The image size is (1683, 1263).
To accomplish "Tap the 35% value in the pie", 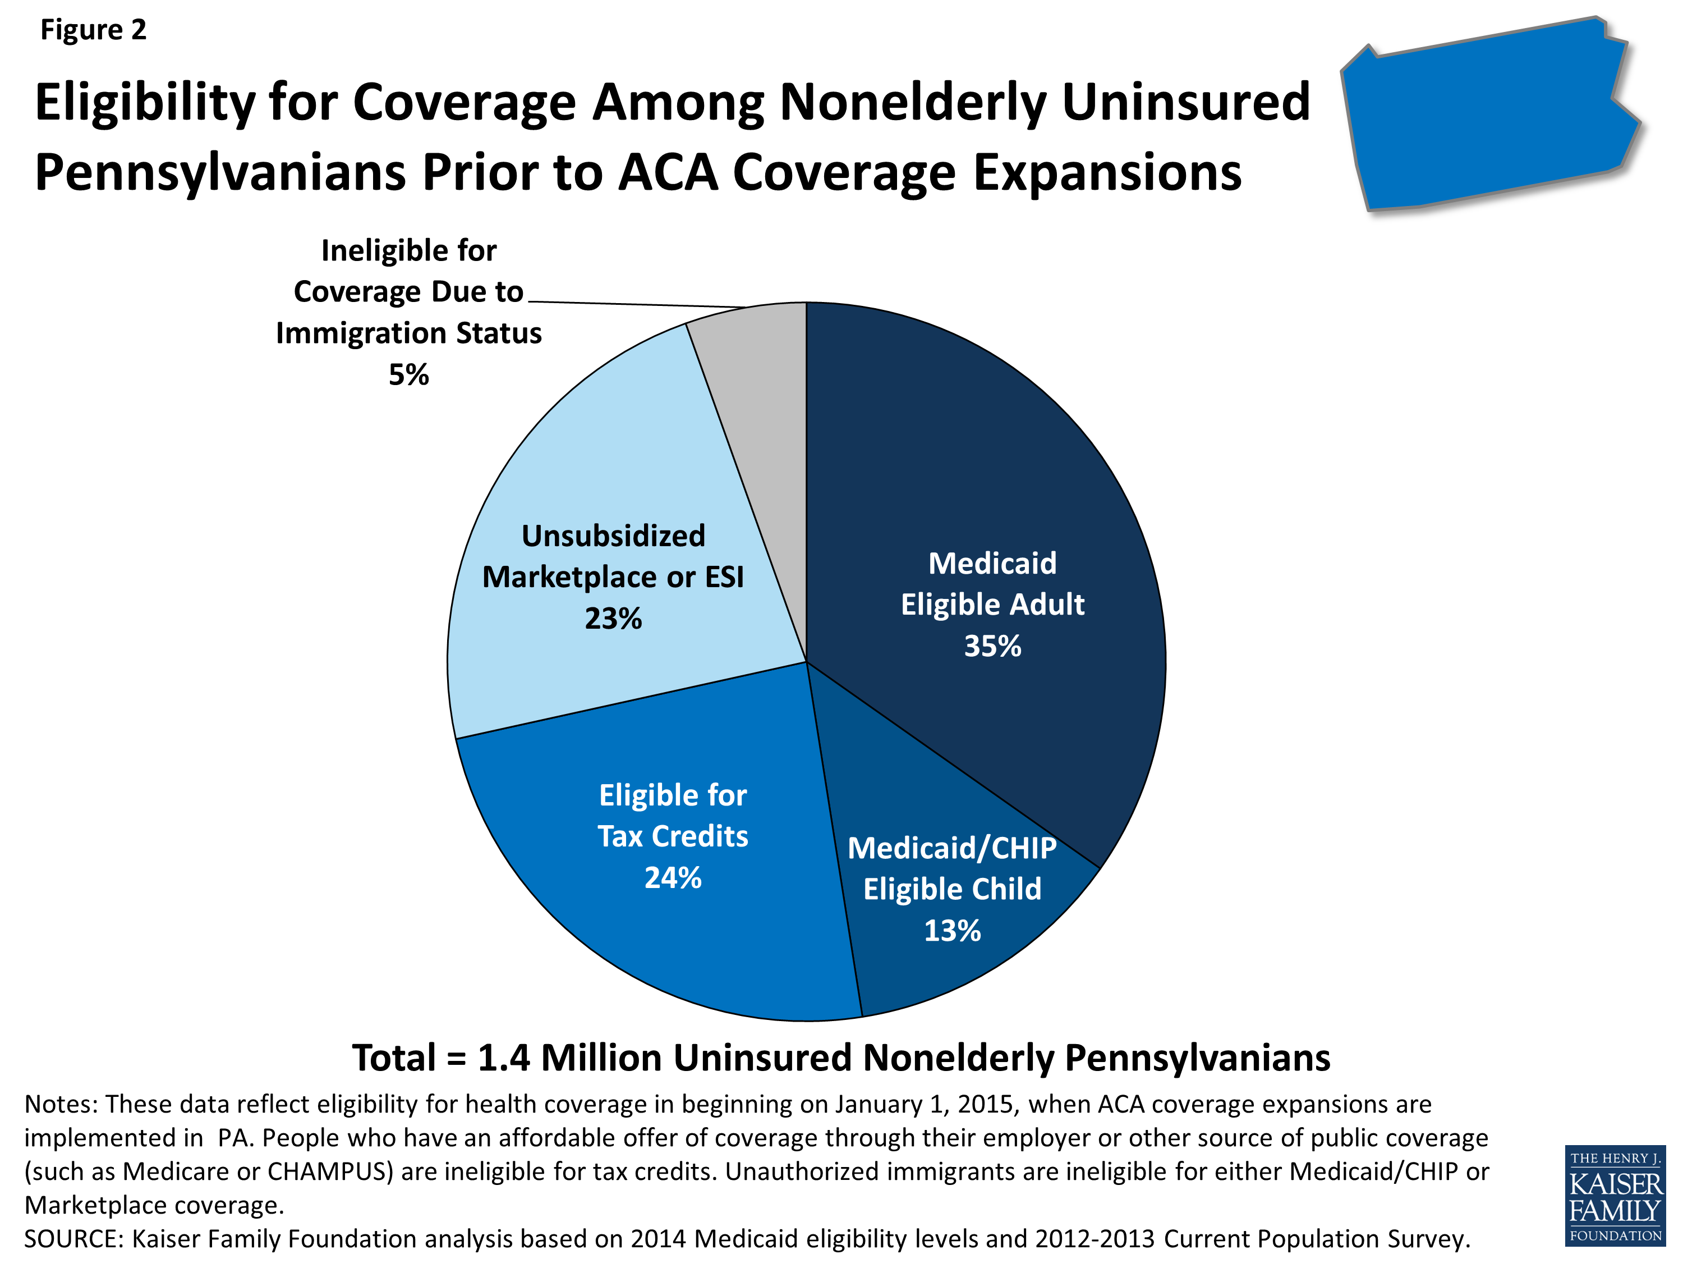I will tap(992, 646).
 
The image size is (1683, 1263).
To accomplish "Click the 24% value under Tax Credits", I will tap(673, 878).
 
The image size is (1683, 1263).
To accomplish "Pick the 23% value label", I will tap(613, 618).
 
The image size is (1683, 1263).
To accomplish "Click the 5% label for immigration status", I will tap(408, 374).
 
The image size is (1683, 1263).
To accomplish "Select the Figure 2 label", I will tap(93, 30).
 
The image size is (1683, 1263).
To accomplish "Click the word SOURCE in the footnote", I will tap(72, 1239).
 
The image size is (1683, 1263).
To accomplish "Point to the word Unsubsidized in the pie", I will tap(613, 536).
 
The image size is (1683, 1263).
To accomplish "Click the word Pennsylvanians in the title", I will tap(220, 172).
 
